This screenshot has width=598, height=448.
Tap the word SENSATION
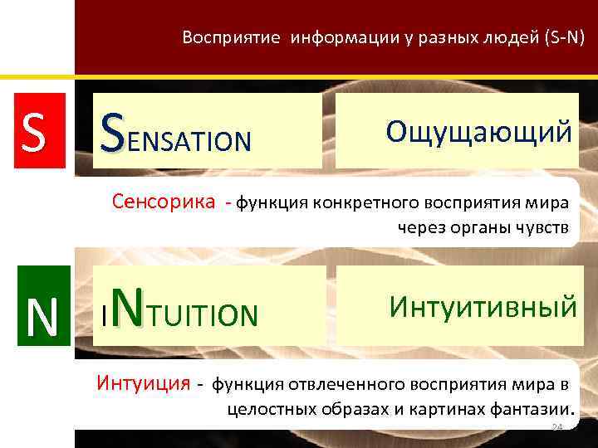[x=175, y=134]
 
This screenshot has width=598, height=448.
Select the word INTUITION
[x=179, y=310]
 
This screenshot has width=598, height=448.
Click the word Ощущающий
[x=478, y=132]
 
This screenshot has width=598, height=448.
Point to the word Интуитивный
[x=483, y=307]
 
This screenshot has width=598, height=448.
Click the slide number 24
[x=557, y=427]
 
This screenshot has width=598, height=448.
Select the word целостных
[x=265, y=409]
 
